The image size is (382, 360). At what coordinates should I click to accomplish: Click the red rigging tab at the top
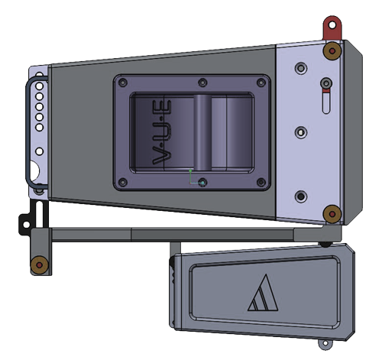point(332,28)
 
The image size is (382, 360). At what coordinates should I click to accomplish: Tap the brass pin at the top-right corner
point(332,50)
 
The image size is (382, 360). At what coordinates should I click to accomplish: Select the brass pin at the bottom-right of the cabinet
point(332,214)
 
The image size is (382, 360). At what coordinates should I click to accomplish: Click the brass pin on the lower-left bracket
point(40,265)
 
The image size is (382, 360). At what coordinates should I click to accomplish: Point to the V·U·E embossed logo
point(162,132)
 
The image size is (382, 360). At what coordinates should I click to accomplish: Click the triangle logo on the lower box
point(263,293)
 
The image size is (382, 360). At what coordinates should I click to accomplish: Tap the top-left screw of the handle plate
point(123,83)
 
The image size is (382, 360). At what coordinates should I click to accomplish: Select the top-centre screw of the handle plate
point(202,83)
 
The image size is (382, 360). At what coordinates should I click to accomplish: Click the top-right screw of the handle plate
point(261,83)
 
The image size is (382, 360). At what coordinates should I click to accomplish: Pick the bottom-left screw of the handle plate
point(123,182)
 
